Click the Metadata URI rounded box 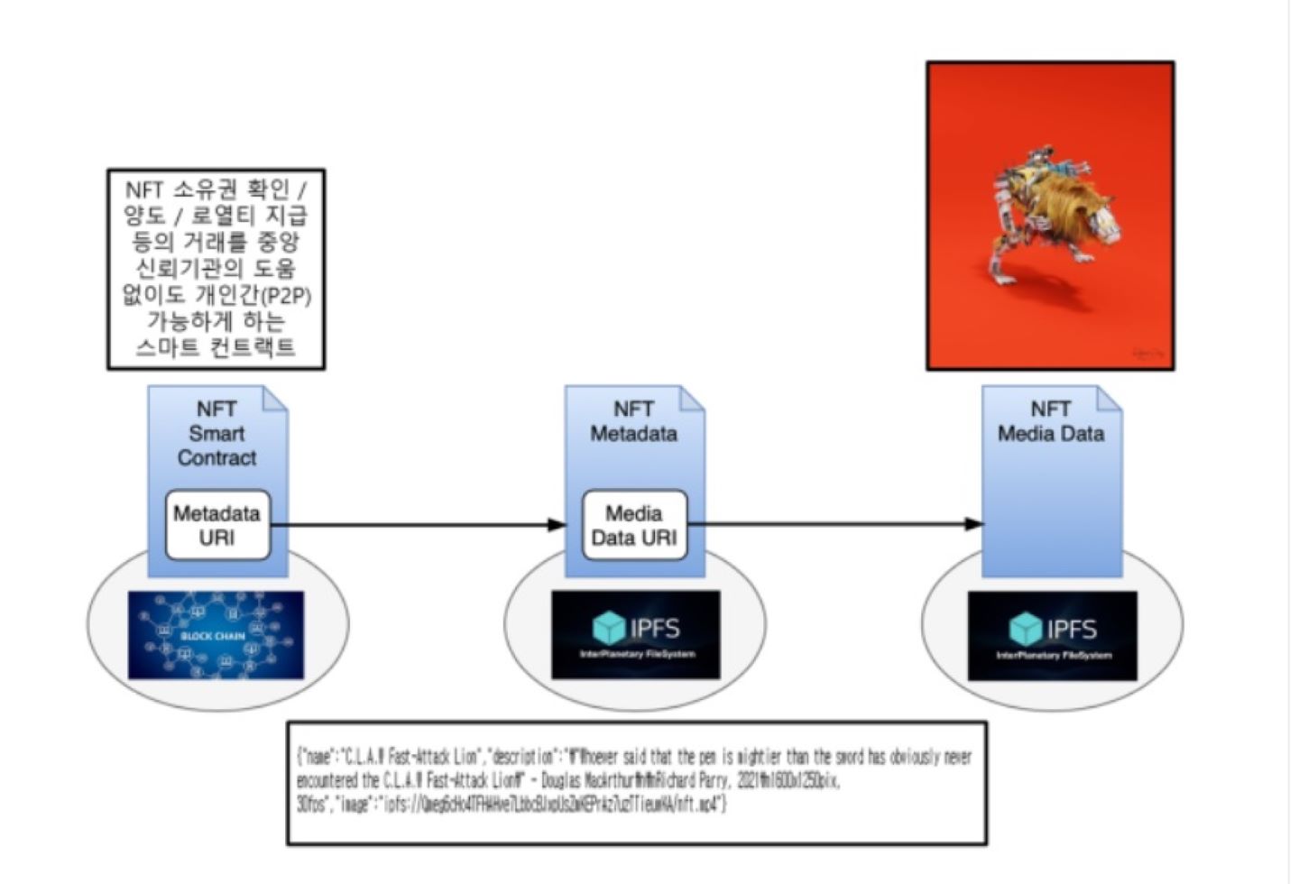click(x=217, y=525)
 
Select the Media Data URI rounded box click(x=633, y=525)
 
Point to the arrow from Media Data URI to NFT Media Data click(x=834, y=523)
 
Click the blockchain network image click(x=216, y=635)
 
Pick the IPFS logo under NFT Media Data click(x=1052, y=635)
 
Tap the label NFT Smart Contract click(x=216, y=434)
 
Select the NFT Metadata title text click(x=633, y=421)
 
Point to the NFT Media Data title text click(x=1051, y=421)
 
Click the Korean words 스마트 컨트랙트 click(x=216, y=347)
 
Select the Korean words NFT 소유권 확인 click(x=207, y=190)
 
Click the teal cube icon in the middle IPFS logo click(x=609, y=628)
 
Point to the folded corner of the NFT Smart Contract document click(x=275, y=399)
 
